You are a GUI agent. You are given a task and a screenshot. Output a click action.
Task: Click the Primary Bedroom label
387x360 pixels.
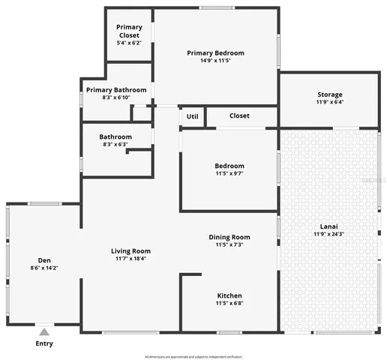215,53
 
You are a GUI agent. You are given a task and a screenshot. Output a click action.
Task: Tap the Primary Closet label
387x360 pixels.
129,31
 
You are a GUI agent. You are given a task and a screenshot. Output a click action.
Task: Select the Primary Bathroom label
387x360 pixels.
115,89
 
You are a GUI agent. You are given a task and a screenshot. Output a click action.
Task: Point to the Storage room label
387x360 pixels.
329,94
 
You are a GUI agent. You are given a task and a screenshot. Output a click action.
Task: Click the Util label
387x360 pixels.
192,116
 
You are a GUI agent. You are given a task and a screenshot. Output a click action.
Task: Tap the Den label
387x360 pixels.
44,259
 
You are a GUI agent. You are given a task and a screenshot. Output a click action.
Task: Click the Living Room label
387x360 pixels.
130,250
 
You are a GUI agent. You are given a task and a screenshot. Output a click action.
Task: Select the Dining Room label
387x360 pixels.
229,237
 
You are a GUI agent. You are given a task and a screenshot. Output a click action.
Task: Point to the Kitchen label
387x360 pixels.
229,295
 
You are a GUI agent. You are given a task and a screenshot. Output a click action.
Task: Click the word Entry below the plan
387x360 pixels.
45,343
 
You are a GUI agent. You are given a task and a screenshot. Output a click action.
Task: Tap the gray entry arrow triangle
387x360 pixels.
45,331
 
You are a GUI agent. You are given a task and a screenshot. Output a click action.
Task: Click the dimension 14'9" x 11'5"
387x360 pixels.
215,62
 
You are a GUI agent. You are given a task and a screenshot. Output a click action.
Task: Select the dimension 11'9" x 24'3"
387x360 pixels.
329,233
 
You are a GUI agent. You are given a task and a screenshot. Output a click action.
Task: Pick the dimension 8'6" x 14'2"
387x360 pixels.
44,268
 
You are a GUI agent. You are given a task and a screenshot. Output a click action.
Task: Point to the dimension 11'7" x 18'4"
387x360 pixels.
130,259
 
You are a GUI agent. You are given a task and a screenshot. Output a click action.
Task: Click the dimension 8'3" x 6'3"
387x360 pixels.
115,145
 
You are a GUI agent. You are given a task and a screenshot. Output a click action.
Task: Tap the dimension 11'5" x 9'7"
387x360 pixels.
229,174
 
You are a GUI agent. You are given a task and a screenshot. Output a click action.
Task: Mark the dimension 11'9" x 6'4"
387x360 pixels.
329,103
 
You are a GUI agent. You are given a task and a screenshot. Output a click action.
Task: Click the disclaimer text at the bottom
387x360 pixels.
193,356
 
